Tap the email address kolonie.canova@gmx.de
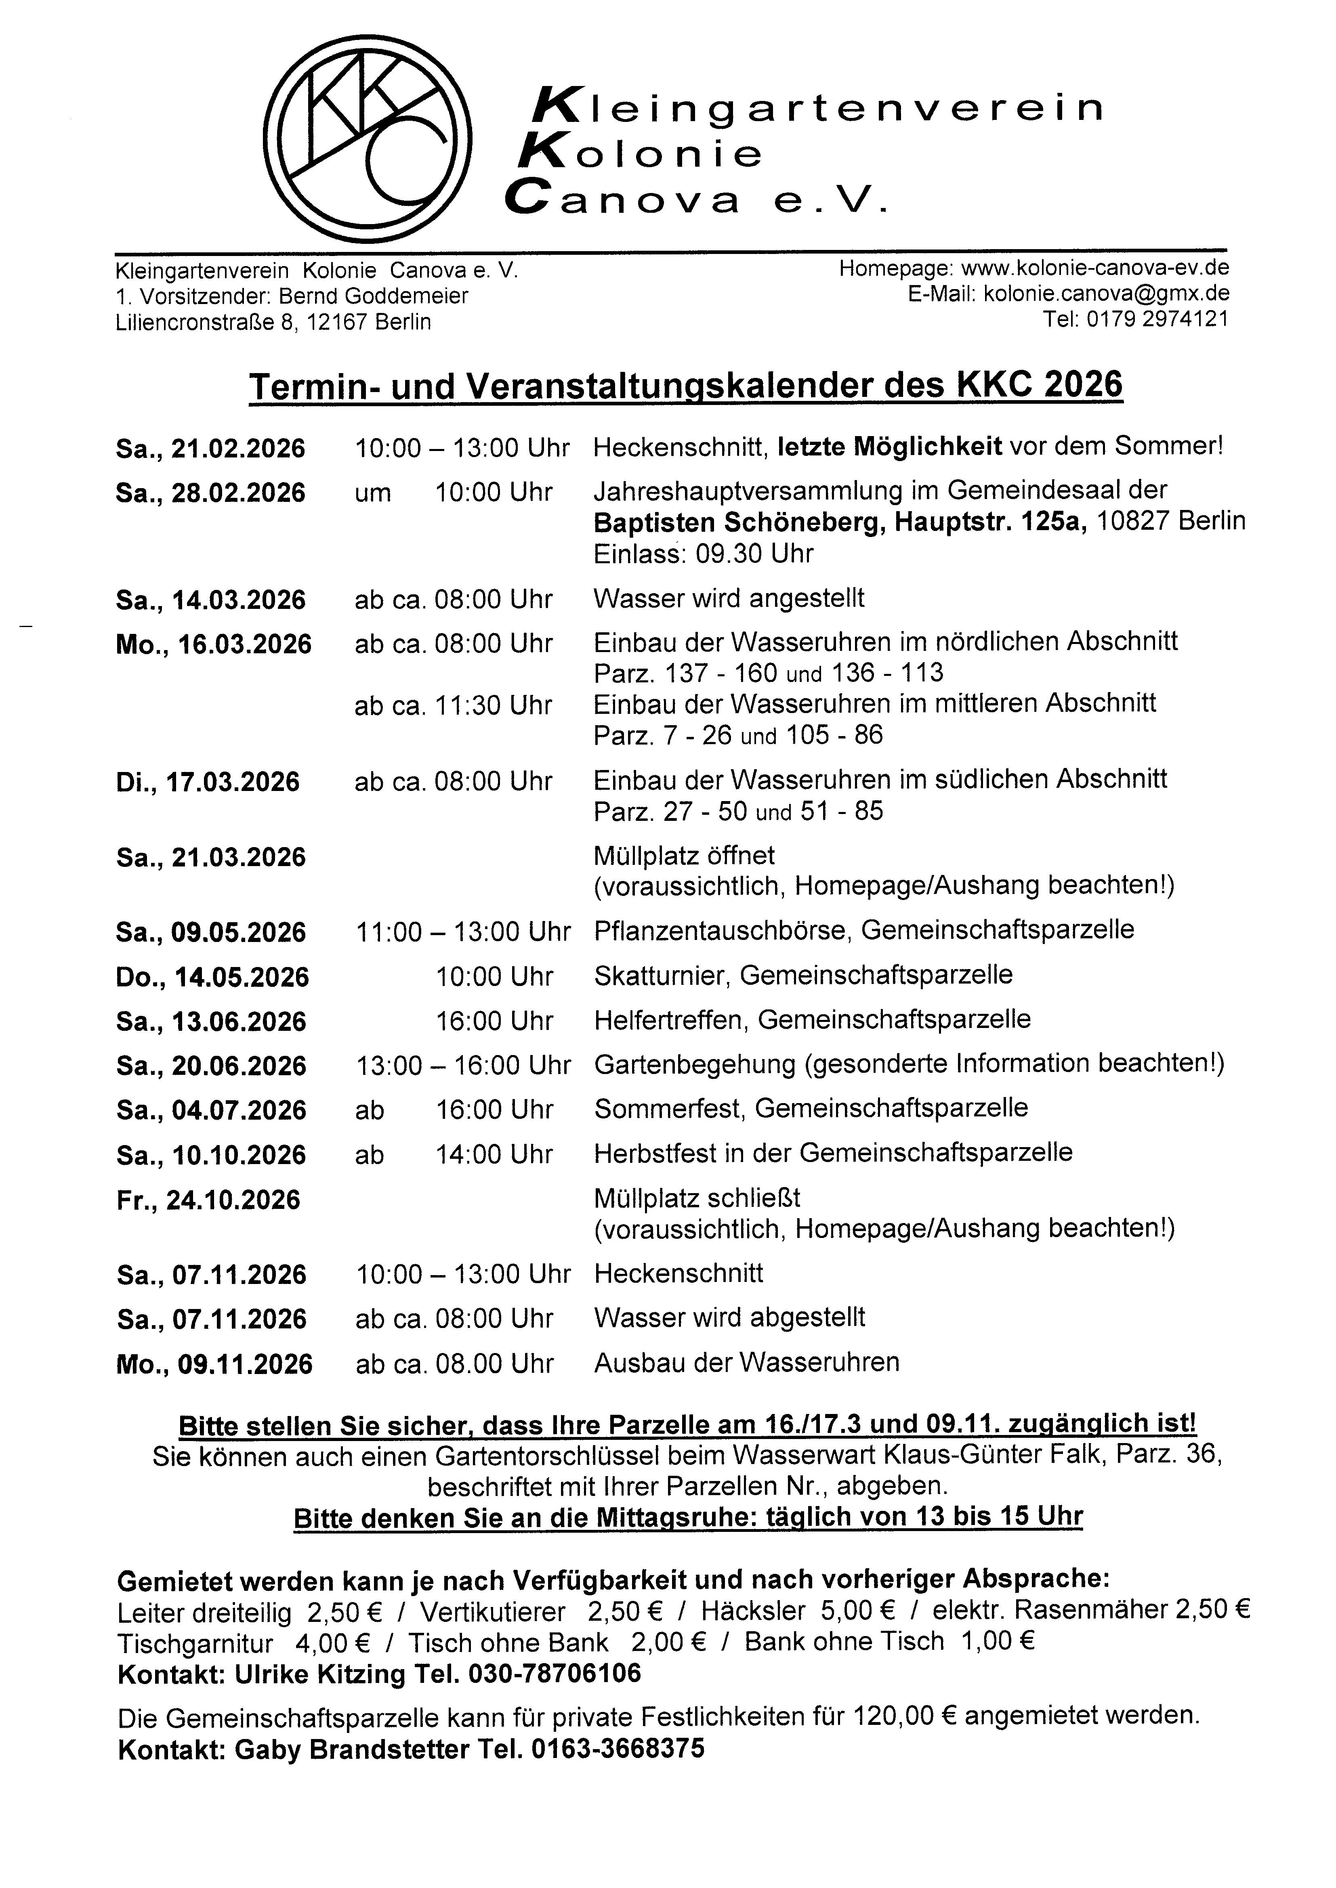pyautogui.click(x=1107, y=294)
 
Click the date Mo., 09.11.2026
pyautogui.click(x=214, y=1365)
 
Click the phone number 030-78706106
pyautogui.click(x=555, y=1674)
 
